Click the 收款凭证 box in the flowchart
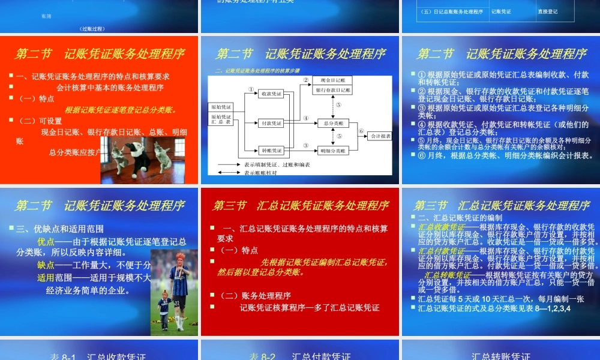pos(271,94)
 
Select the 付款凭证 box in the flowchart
pos(271,123)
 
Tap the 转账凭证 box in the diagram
pos(271,151)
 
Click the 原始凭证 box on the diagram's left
pos(221,107)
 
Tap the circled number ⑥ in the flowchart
pos(361,130)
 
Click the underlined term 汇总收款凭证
pos(441,227)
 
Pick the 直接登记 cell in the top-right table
pos(548,11)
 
